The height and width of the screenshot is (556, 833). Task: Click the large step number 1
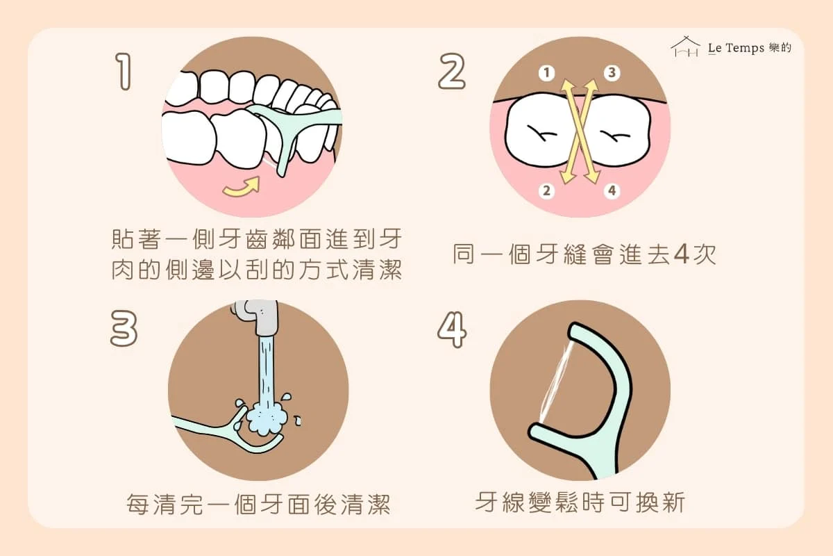[x=124, y=71]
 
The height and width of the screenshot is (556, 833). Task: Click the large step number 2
[x=452, y=71]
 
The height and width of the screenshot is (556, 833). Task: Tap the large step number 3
[x=124, y=329]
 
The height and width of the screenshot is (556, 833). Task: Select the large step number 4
[x=452, y=329]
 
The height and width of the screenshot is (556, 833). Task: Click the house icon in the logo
[x=685, y=47]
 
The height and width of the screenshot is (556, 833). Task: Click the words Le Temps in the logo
[x=736, y=48]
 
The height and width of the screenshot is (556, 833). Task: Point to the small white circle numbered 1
[x=547, y=73]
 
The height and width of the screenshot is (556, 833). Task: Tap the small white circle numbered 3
[x=612, y=72]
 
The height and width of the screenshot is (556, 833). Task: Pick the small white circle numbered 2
[x=547, y=190]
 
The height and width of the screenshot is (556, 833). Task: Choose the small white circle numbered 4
[x=612, y=190]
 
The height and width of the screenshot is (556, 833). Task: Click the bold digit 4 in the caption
[x=681, y=254]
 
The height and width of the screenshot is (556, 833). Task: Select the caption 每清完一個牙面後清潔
[x=258, y=505]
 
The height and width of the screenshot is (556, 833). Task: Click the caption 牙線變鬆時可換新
[x=580, y=502]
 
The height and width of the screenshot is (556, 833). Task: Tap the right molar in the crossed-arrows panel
[x=617, y=131]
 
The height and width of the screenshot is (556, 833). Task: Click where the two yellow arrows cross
[x=580, y=131]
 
